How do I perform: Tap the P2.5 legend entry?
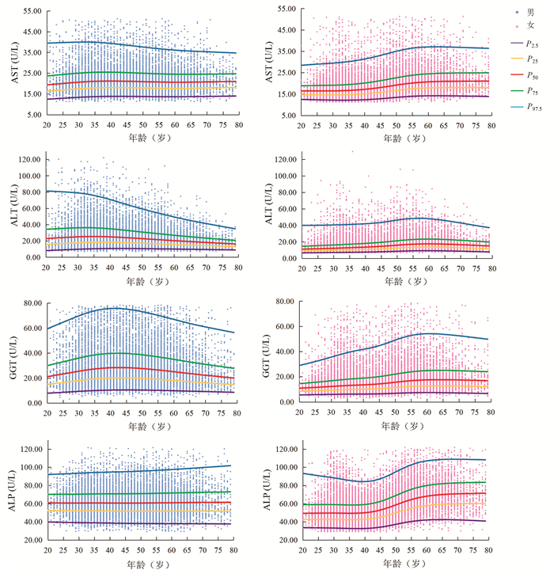[525, 43]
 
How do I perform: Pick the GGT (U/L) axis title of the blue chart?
[10, 352]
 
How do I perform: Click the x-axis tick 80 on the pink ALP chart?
[491, 549]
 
